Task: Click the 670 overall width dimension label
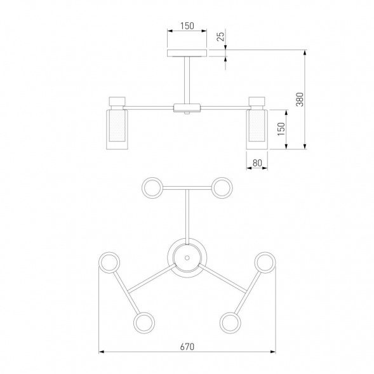[x=187, y=346]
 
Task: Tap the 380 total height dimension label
[x=300, y=99]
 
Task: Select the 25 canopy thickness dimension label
[x=221, y=36]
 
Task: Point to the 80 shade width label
[x=257, y=163]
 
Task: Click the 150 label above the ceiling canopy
[x=187, y=26]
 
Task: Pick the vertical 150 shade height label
[x=281, y=129]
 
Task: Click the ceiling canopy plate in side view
[x=187, y=53]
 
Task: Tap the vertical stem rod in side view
[x=187, y=80]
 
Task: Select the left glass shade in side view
[x=117, y=130]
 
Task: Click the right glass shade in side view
[x=257, y=130]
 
